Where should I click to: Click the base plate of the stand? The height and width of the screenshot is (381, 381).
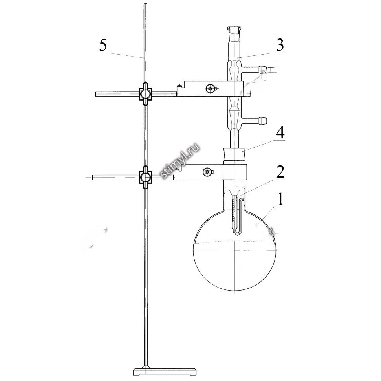(x=165, y=372)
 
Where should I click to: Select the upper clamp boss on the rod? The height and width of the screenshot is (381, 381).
(x=145, y=94)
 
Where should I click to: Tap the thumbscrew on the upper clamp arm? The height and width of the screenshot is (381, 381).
(x=210, y=88)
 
